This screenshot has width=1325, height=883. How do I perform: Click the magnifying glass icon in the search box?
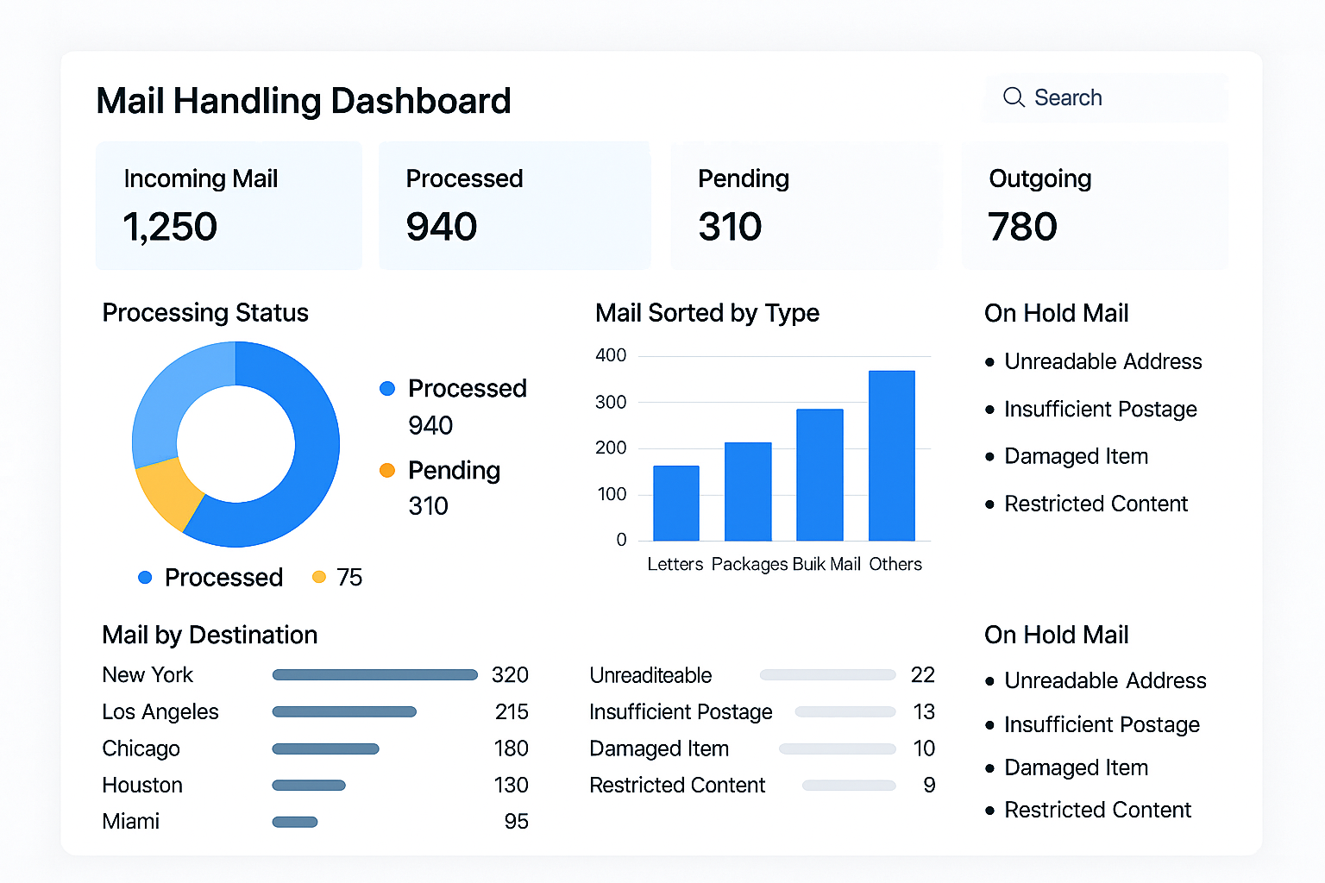(x=1014, y=97)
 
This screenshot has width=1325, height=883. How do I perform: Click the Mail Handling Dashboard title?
(x=304, y=101)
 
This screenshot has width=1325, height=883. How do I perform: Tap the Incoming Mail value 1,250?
(x=170, y=227)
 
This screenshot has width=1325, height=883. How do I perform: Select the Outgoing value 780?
(x=1022, y=227)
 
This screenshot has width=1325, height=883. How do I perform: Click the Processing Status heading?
(x=205, y=312)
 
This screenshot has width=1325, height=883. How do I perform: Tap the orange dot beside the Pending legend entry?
(x=387, y=470)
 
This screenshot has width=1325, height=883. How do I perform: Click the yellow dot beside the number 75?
(x=319, y=577)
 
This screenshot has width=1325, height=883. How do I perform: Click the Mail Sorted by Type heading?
(x=707, y=312)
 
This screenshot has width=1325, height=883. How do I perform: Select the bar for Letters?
(x=676, y=504)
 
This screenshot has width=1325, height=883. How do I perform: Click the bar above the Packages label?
(x=748, y=492)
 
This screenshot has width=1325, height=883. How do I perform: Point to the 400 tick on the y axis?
(x=611, y=355)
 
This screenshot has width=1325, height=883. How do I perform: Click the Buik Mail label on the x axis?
(x=826, y=564)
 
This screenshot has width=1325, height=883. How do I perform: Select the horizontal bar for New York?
(x=374, y=675)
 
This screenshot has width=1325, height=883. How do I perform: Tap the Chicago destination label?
(x=141, y=748)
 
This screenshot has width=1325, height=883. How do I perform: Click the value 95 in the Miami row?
(x=516, y=821)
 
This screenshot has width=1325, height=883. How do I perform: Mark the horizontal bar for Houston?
(x=309, y=786)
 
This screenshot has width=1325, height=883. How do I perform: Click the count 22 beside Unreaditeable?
(x=923, y=675)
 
